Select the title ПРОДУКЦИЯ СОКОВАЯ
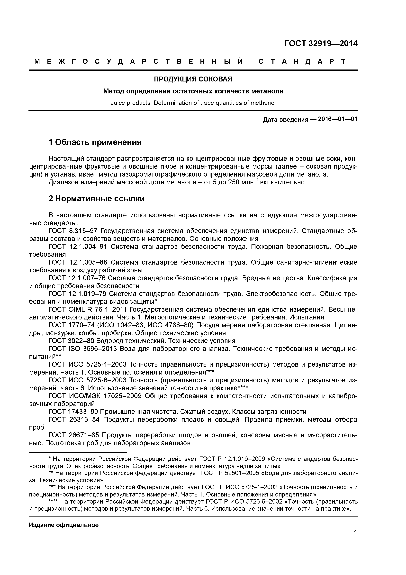(193, 79)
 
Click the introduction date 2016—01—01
(337, 119)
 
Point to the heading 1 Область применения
(95, 142)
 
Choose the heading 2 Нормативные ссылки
(97, 199)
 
